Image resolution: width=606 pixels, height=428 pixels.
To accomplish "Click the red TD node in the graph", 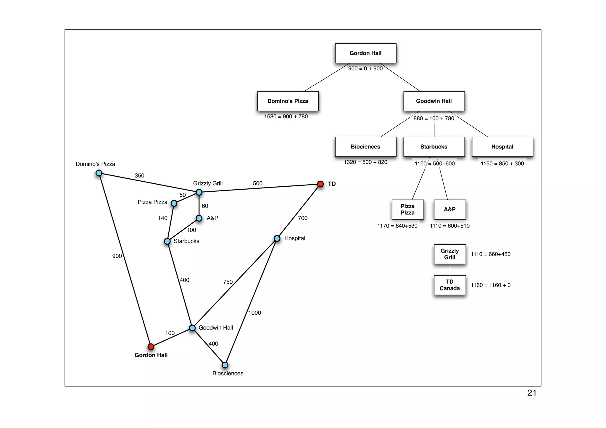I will click(x=320, y=184).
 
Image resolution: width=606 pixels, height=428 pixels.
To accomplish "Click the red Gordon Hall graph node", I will click(x=151, y=346).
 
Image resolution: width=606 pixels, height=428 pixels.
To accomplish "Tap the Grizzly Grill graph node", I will click(x=199, y=192).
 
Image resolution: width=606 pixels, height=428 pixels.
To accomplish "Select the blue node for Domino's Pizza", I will click(x=99, y=173).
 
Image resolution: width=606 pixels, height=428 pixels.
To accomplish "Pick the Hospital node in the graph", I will click(x=277, y=238).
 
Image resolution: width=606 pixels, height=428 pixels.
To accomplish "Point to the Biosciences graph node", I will click(x=225, y=365).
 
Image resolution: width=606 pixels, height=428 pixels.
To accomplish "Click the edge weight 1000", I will click(x=254, y=313).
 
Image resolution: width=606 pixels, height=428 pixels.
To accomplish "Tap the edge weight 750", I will click(x=228, y=282).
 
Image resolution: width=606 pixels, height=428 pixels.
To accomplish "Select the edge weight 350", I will click(x=139, y=175).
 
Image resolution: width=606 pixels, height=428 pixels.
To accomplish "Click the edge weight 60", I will click(x=205, y=206).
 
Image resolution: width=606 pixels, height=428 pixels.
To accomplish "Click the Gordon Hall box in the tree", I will click(x=365, y=53).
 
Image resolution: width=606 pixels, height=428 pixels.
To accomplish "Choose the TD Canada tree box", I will click(x=450, y=285).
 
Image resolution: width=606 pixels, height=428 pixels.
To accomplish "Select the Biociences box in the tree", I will click(x=365, y=147).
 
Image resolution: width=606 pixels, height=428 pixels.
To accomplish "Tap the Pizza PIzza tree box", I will click(x=407, y=209).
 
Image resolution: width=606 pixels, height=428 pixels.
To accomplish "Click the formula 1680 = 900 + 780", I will click(x=286, y=117).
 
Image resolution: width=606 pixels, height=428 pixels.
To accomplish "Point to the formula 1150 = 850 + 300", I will click(x=502, y=164).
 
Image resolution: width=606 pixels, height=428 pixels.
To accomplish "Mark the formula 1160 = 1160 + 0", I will click(x=491, y=285).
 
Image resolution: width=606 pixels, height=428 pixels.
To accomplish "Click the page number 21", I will click(x=532, y=393).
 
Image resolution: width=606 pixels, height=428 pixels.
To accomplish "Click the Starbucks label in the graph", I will click(x=186, y=241).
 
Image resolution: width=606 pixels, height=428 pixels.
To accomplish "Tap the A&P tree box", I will click(x=450, y=209).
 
